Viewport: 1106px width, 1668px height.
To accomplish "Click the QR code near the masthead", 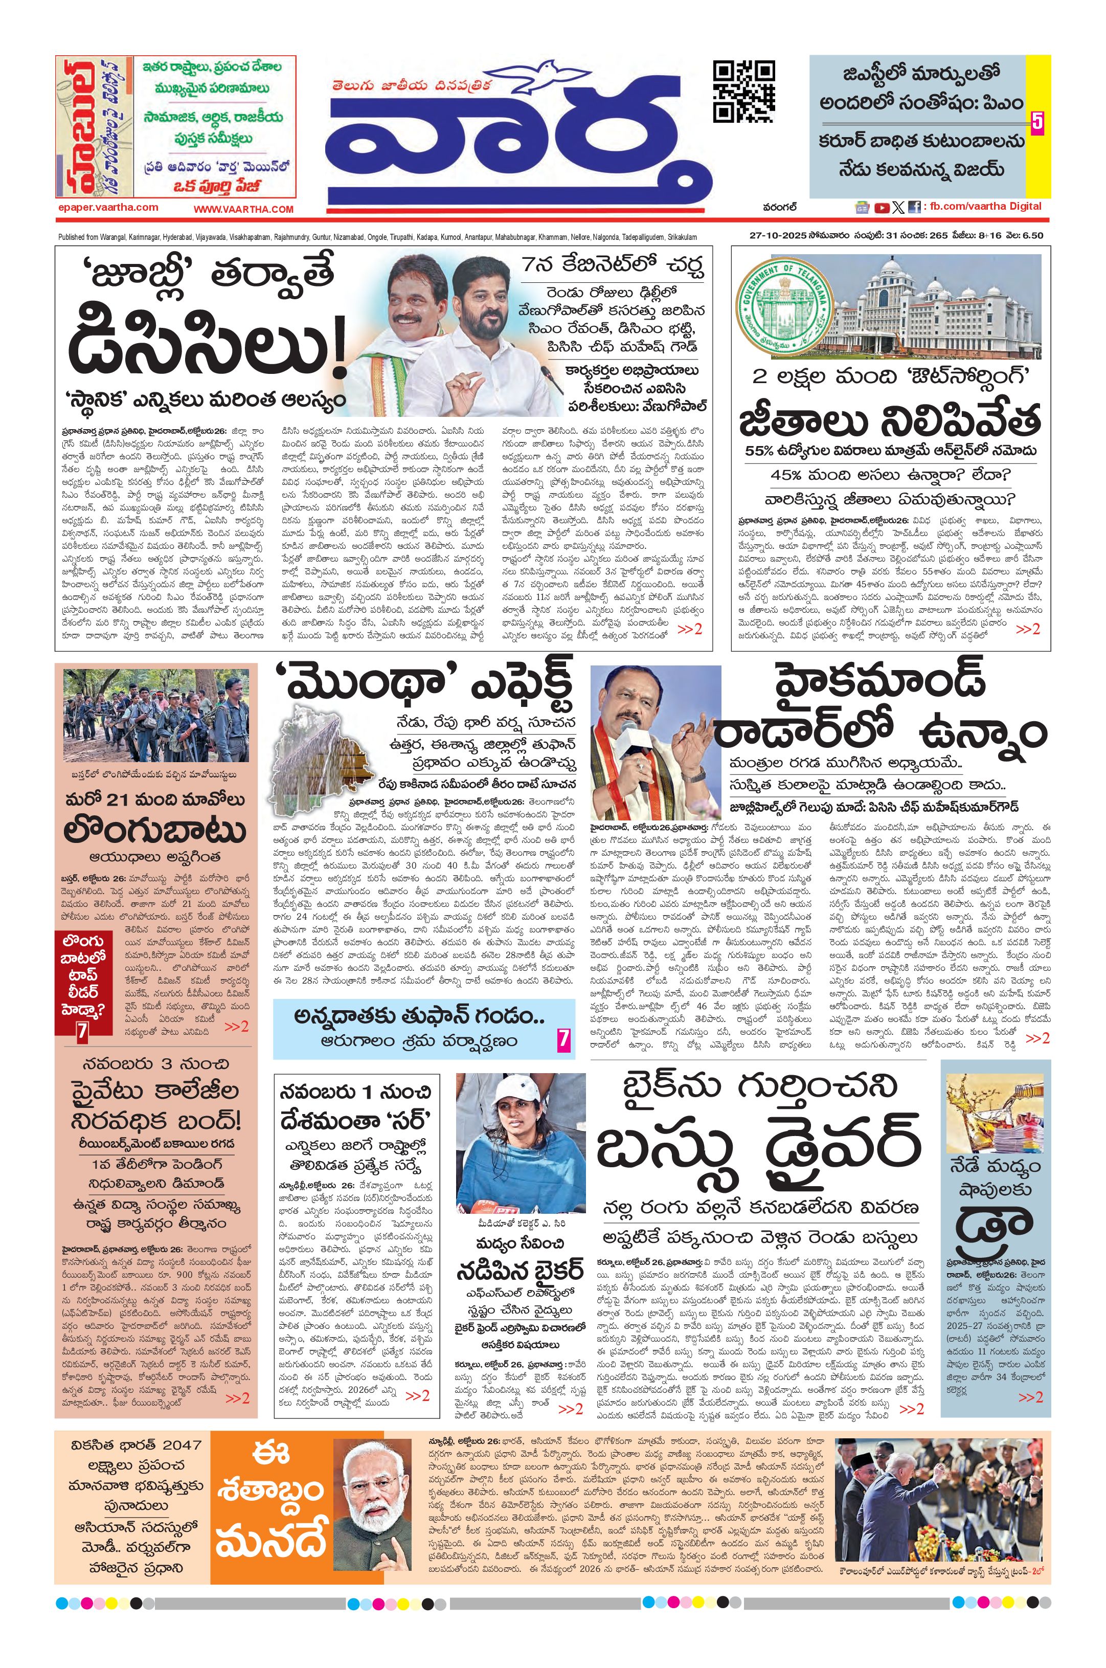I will pyautogui.click(x=743, y=92).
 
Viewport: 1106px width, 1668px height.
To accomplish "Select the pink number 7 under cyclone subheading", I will pyautogui.click(x=563, y=1039).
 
